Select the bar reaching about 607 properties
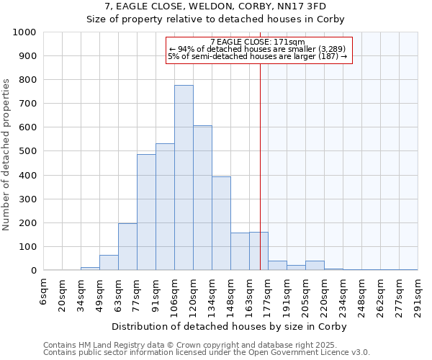coord(202,198)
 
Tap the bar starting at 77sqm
coord(146,212)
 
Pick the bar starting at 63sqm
coord(127,247)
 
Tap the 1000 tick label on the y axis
coord(24,32)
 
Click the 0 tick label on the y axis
coord(33,271)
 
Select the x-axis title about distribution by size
coord(230,326)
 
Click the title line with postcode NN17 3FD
coord(216,6)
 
